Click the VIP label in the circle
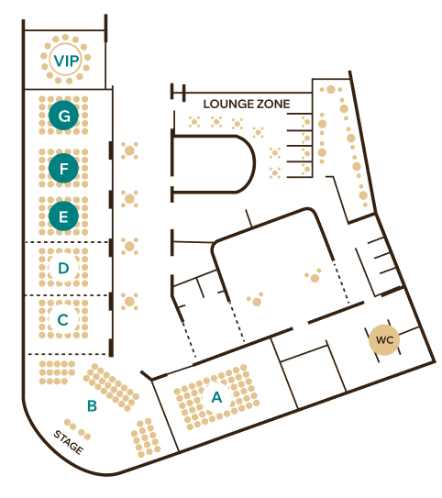click(x=66, y=61)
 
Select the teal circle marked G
click(x=64, y=116)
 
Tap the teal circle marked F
click(x=64, y=169)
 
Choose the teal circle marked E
click(x=64, y=216)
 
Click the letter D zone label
click(x=63, y=269)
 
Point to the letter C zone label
click(x=63, y=320)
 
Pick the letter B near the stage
click(x=92, y=405)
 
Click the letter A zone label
click(x=216, y=397)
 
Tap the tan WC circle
click(x=384, y=340)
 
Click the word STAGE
click(x=69, y=442)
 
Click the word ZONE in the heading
click(x=273, y=105)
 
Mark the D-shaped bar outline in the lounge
click(x=255, y=164)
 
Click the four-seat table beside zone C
click(x=129, y=302)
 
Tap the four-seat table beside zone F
click(x=129, y=150)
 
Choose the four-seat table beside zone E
click(x=129, y=199)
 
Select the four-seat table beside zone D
click(x=129, y=246)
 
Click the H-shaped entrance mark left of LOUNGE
click(x=178, y=93)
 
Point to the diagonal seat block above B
click(x=111, y=387)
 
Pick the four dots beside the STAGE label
click(x=77, y=429)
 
